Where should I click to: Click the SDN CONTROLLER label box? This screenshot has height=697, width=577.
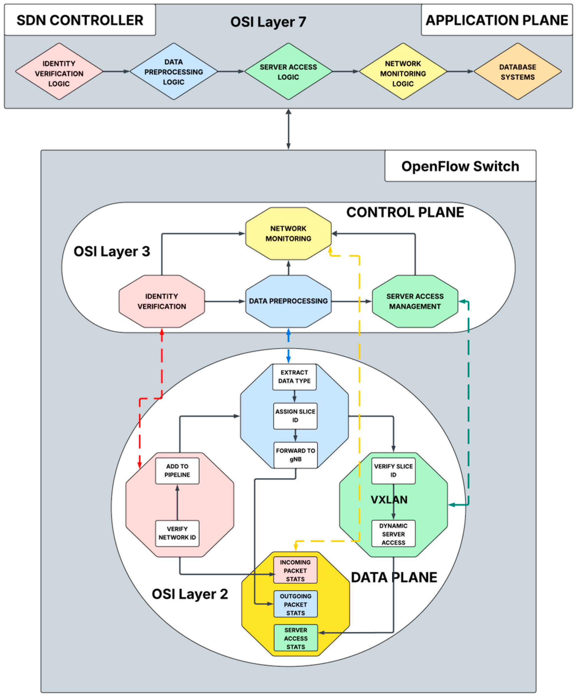point(80,20)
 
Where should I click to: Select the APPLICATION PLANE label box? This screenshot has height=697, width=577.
point(496,20)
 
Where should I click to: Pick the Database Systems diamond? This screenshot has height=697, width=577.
point(517,72)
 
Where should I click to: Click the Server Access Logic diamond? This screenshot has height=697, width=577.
point(288,72)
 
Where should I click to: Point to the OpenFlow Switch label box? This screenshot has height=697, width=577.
point(460,166)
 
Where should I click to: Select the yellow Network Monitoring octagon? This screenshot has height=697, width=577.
point(288,233)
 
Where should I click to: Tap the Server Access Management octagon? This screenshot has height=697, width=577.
point(415,301)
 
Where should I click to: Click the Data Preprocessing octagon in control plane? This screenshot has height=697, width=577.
point(288,301)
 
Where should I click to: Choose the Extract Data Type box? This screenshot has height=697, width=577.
point(294,376)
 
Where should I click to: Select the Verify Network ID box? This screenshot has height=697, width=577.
point(177,533)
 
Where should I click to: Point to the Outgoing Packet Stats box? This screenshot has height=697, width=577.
point(295,604)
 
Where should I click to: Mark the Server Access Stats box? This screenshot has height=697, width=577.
point(295,638)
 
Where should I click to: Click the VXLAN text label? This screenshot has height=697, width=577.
point(389,499)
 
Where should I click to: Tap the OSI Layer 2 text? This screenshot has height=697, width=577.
point(190,594)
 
